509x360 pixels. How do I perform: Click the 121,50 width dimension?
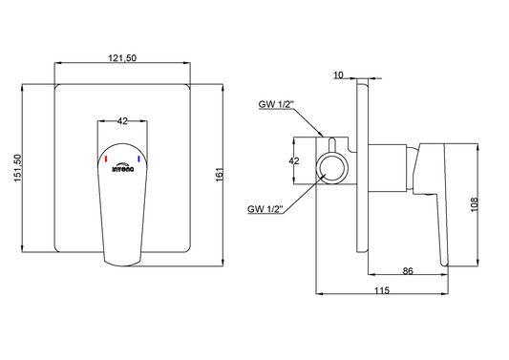click(122, 58)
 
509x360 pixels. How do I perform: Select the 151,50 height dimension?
click(18, 168)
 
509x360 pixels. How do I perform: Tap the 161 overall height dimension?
click(220, 175)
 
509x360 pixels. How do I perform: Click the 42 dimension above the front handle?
click(122, 121)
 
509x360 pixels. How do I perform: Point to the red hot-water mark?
click(106, 159)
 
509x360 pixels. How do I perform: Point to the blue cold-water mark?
click(138, 159)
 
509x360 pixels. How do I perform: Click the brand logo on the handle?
click(122, 167)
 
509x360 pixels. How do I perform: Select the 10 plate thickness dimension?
click(338, 75)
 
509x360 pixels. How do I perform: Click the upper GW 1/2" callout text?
click(276, 104)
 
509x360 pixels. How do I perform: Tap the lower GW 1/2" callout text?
click(265, 209)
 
